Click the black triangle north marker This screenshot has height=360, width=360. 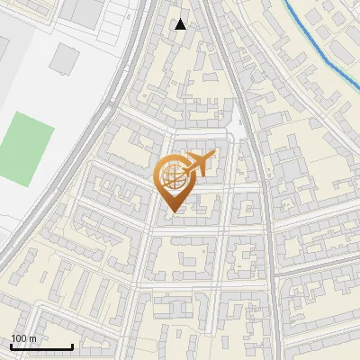[181, 24]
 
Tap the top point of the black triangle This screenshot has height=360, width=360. [181, 19]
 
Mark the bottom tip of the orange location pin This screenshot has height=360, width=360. [171, 212]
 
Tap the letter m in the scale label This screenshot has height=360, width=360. [32, 338]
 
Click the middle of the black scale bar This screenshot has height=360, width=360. [41, 346]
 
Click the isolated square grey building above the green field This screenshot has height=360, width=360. [64, 59]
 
